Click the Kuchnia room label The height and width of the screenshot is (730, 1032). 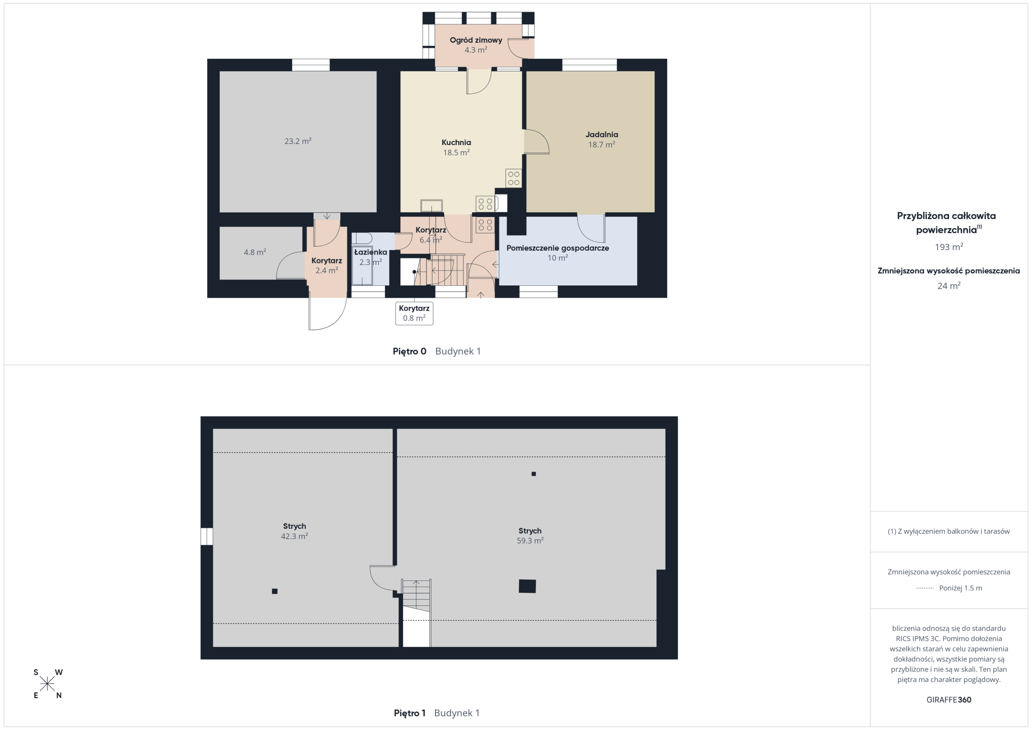pos(456,143)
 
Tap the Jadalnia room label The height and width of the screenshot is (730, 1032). pos(601,134)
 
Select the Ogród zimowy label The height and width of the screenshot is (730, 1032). pos(476,40)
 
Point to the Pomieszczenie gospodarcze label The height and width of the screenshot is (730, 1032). pos(558,248)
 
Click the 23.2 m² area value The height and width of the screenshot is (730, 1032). pos(298,141)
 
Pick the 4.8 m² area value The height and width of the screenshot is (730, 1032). pos(255,252)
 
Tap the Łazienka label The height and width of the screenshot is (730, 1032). pos(370,252)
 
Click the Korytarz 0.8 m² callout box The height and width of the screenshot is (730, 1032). pos(414,313)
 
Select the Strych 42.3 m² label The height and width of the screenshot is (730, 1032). pos(294,531)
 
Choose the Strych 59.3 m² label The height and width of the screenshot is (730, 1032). pos(530,535)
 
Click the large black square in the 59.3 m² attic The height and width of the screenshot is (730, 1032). pos(527,586)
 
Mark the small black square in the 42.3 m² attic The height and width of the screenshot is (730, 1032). pos(275,591)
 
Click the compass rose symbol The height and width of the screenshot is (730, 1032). pos(47,684)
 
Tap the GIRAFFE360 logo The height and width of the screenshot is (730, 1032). pos(949,700)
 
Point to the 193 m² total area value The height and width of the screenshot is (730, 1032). pos(949,247)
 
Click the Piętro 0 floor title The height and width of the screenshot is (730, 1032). pos(410,351)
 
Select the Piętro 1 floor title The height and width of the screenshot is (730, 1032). pos(410,713)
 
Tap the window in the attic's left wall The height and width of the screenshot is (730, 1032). pos(207,536)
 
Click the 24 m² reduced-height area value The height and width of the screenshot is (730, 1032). pos(949,286)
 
